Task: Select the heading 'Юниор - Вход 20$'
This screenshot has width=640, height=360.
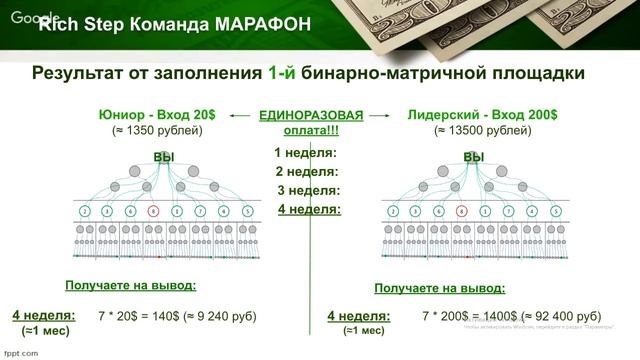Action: (x=157, y=115)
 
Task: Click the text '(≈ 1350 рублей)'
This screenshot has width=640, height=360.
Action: (x=157, y=131)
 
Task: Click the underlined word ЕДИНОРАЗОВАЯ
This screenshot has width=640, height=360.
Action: (x=310, y=115)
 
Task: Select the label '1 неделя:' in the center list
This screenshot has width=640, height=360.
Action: (x=305, y=153)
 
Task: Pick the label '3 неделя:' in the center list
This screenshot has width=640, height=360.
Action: (x=309, y=190)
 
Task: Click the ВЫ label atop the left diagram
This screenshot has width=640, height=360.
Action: (x=164, y=157)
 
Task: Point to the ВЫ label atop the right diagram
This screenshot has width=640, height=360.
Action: (x=474, y=157)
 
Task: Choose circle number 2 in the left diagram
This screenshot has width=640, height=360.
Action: (x=85, y=212)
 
